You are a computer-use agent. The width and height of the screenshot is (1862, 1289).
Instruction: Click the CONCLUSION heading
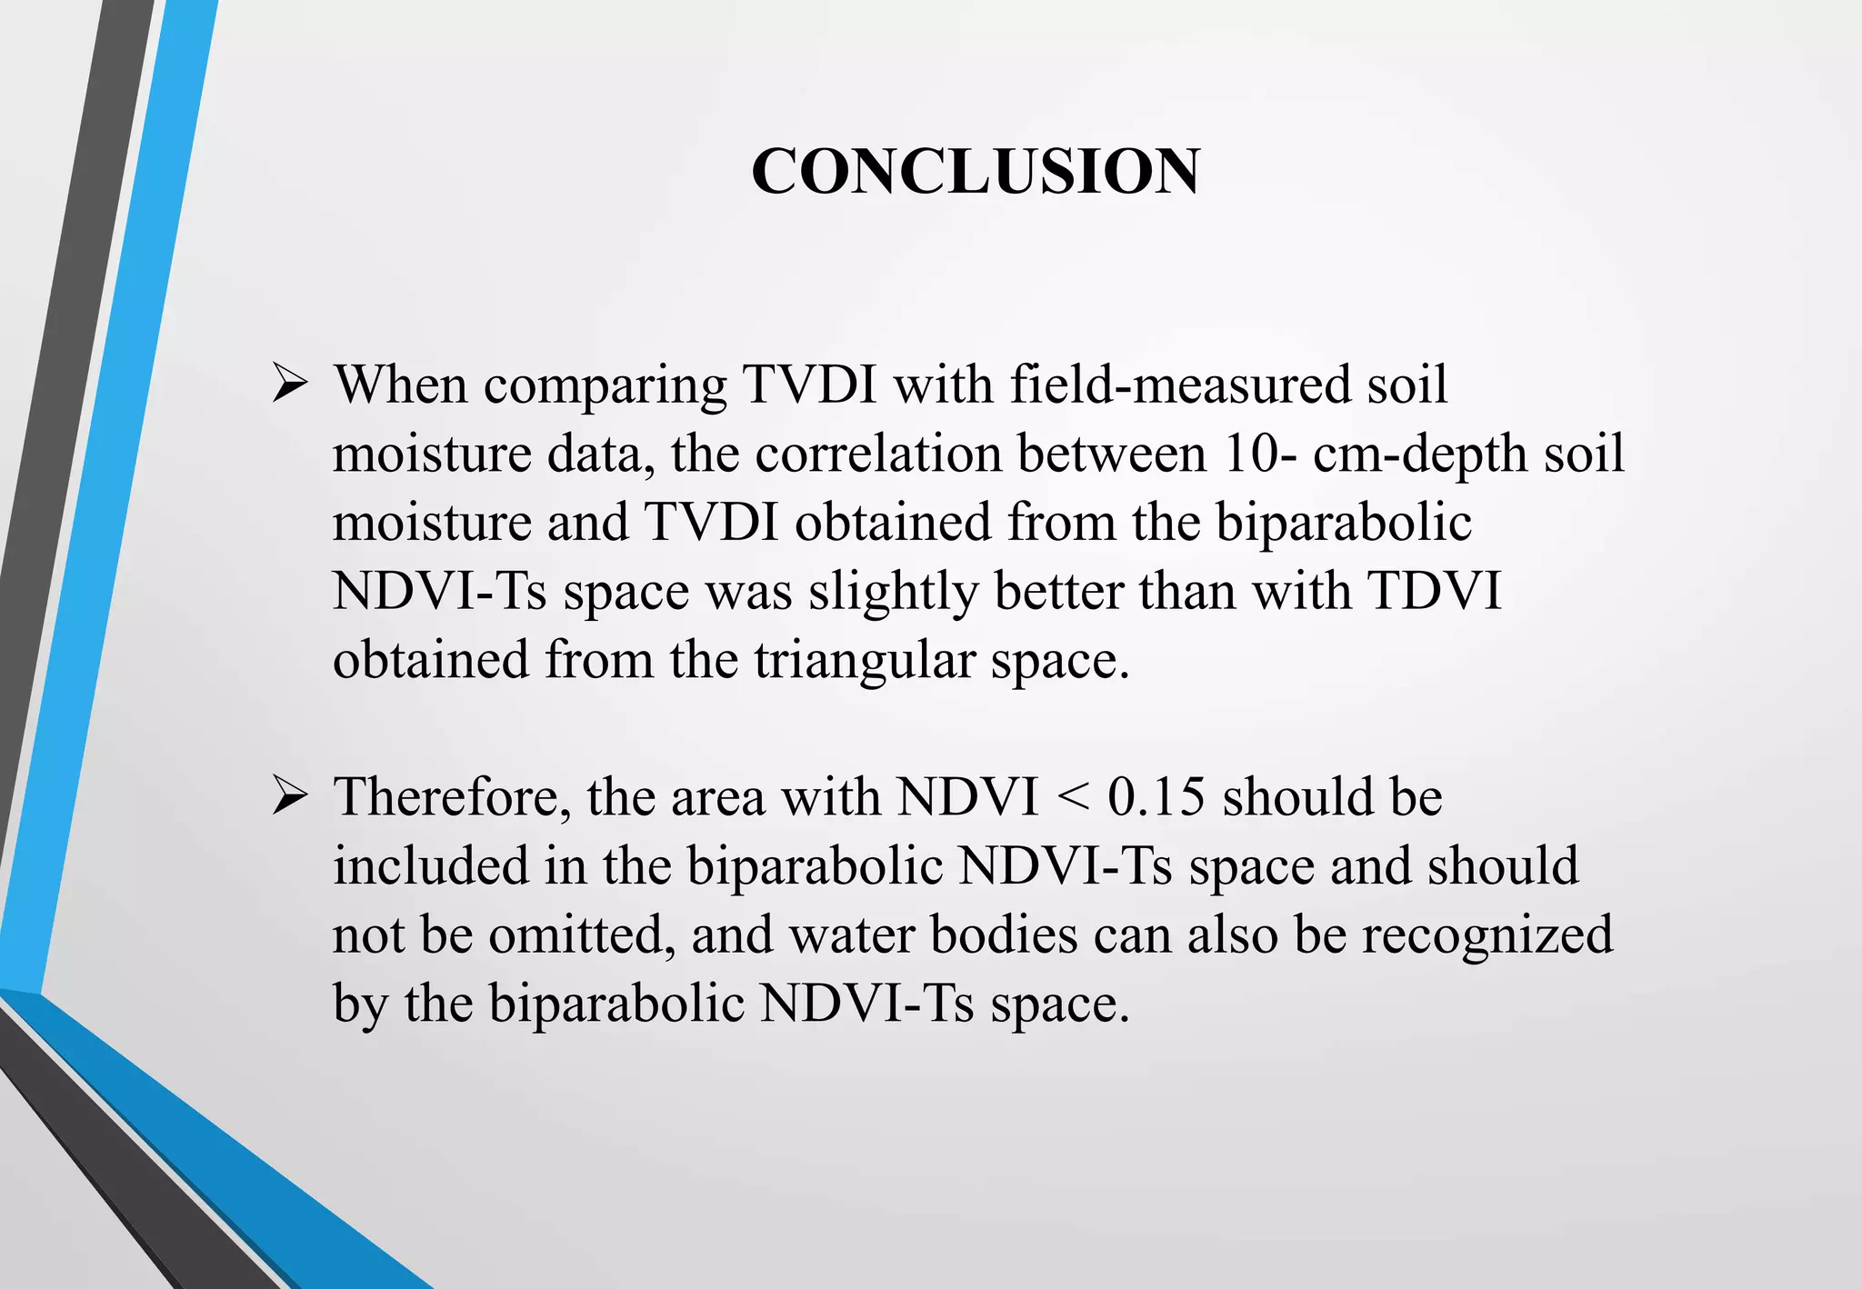coord(976,171)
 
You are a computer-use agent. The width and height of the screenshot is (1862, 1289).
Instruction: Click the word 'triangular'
coord(864,661)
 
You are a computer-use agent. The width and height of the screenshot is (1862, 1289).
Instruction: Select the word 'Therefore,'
coord(452,797)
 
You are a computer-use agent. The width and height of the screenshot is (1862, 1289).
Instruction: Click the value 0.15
coord(1156,797)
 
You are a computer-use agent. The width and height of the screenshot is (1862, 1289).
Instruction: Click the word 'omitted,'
coord(581,935)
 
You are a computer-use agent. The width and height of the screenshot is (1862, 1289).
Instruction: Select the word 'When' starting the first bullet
coord(400,385)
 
